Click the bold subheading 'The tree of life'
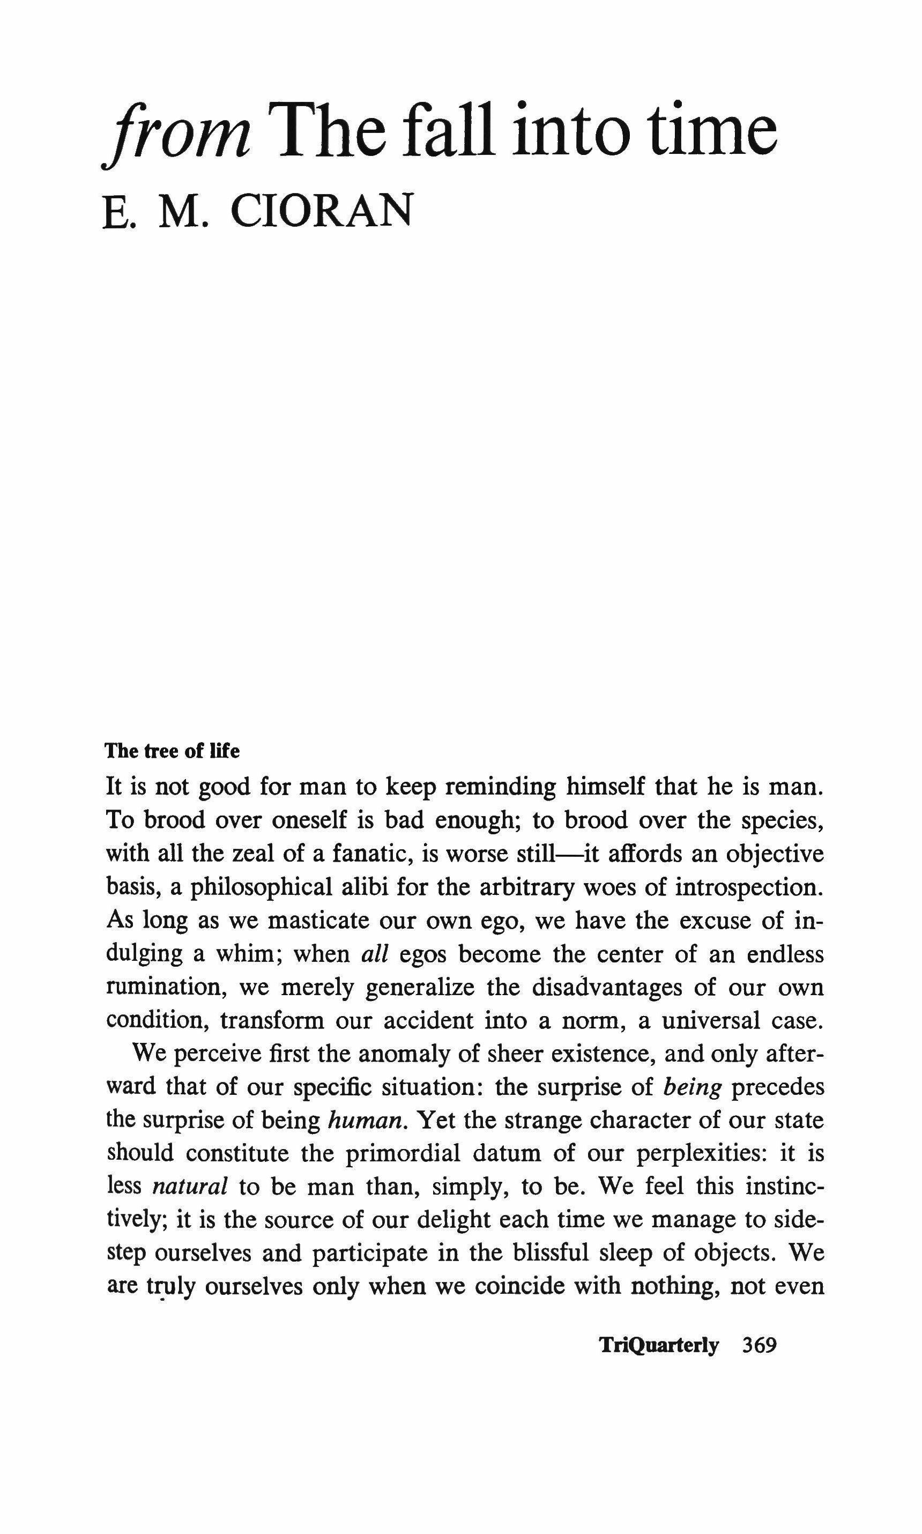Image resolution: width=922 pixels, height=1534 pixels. click(172, 752)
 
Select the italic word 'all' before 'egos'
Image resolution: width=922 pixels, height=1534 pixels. click(375, 954)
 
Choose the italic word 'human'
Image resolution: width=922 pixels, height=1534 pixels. click(366, 1120)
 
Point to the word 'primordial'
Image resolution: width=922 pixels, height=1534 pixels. click(402, 1153)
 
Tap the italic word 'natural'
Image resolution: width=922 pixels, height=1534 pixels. click(190, 1187)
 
